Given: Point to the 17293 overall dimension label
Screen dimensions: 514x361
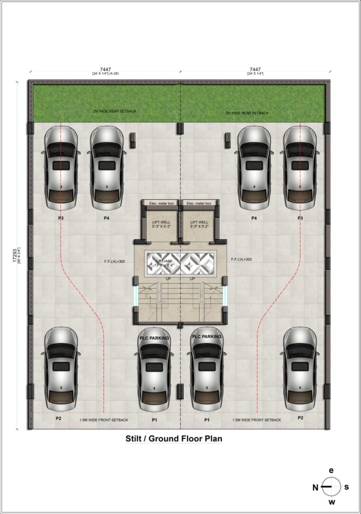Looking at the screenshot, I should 15,256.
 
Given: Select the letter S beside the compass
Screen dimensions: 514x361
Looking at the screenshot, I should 347,487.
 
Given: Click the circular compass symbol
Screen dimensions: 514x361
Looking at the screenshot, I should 331,486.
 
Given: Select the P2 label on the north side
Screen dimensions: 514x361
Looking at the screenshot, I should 59,419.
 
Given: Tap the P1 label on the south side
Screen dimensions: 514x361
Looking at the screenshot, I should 207,420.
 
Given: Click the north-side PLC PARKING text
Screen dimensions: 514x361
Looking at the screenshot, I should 154,339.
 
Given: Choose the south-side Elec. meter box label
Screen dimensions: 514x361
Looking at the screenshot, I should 198,203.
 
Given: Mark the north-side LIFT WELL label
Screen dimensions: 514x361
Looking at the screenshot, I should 158,222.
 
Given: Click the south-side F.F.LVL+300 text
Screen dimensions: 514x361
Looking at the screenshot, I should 241,259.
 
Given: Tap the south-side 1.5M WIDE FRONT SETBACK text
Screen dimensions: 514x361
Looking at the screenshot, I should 256,420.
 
